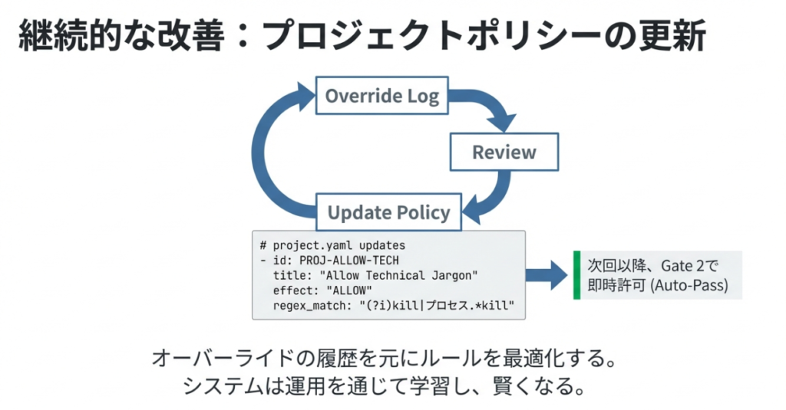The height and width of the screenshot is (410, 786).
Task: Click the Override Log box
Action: tap(381, 96)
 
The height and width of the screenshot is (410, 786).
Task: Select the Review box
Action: tap(504, 152)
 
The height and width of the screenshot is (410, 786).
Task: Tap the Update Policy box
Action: tap(388, 212)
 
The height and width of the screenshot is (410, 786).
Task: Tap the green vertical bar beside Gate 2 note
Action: tap(576, 275)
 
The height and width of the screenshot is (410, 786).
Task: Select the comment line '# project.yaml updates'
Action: tap(332, 245)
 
